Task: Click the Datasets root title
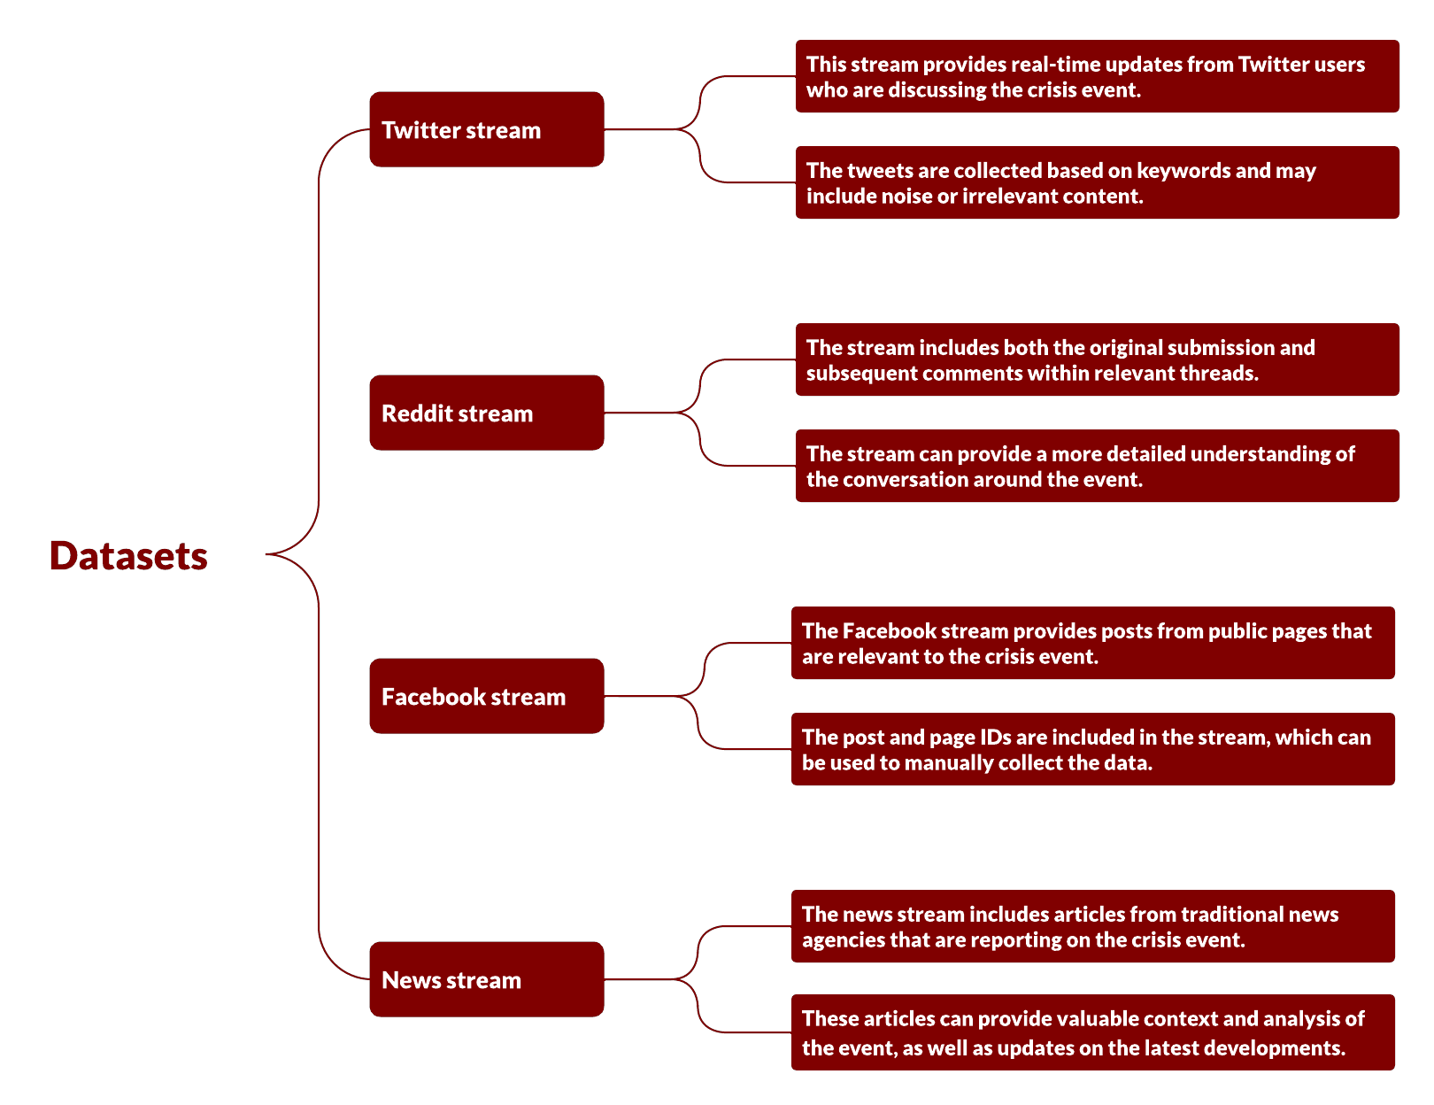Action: pyautogui.click(x=128, y=555)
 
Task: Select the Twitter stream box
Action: pyautogui.click(x=486, y=129)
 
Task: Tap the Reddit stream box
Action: pyautogui.click(x=486, y=413)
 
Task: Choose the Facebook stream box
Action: pyautogui.click(x=486, y=696)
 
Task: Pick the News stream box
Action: pyautogui.click(x=486, y=979)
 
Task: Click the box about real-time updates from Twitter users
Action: pyautogui.click(x=1097, y=76)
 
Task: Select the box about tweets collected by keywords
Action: pyautogui.click(x=1097, y=182)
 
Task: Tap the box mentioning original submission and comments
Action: pyautogui.click(x=1097, y=359)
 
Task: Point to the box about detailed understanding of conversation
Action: pyautogui.click(x=1097, y=466)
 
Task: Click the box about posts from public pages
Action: pyautogui.click(x=1093, y=642)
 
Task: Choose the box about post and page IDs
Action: pyautogui.click(x=1093, y=748)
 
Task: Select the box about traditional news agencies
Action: pyautogui.click(x=1093, y=925)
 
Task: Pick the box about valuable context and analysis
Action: pyautogui.click(x=1093, y=1032)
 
